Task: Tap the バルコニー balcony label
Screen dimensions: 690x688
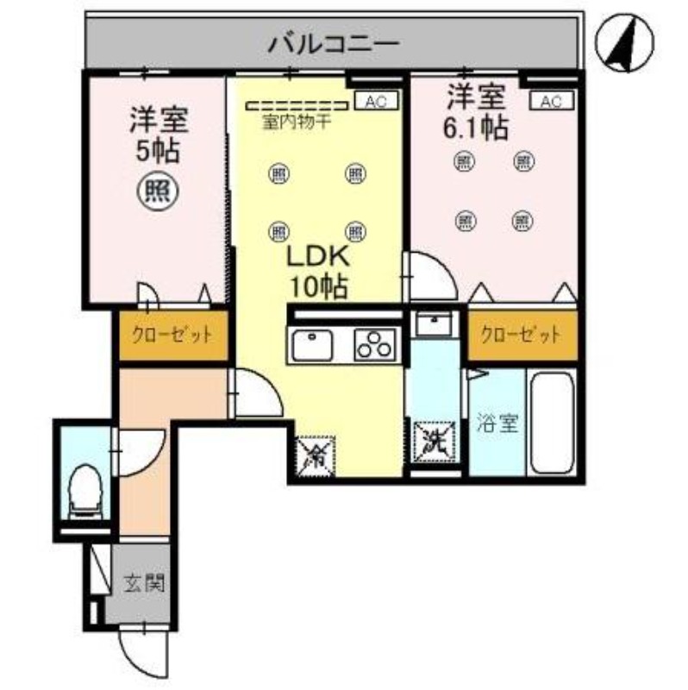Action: coord(333,42)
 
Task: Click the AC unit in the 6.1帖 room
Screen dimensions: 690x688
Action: coord(551,102)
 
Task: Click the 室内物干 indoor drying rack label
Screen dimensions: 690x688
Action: coord(297,122)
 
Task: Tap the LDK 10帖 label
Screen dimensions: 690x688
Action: coord(315,271)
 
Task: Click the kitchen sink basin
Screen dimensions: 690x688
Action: coord(312,347)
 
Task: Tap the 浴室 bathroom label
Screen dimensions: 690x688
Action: coord(497,423)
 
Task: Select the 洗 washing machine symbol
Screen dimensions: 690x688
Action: coord(432,442)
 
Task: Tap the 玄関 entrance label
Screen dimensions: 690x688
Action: coord(142,583)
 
